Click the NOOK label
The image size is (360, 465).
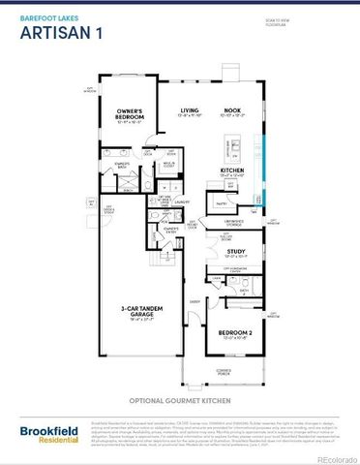233,112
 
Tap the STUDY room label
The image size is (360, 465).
235,251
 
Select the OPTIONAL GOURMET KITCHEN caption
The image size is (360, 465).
181,399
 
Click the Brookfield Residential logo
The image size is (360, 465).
45,433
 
